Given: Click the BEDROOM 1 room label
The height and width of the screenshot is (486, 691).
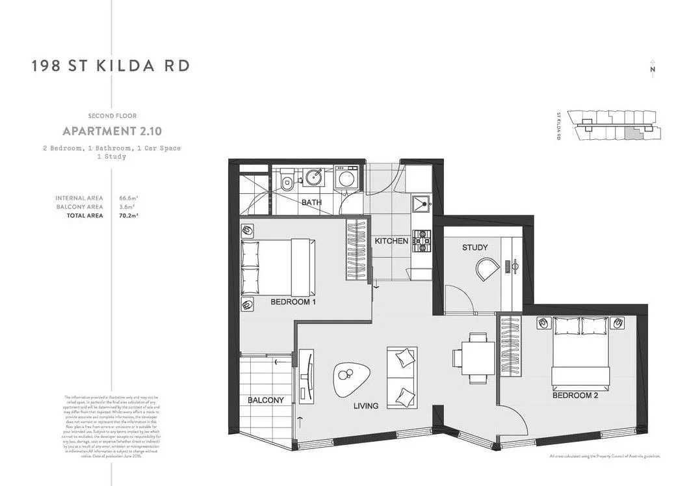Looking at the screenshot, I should (x=293, y=303).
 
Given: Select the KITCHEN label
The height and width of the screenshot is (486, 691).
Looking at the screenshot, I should (x=391, y=241).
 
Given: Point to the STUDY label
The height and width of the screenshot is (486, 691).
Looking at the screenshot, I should (x=475, y=248).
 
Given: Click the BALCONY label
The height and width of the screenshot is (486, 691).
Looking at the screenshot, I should (x=265, y=400).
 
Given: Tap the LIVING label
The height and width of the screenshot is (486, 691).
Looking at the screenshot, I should (x=366, y=406).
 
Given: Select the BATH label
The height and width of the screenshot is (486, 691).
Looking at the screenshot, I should (x=311, y=203).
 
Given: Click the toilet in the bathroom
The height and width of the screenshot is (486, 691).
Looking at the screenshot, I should (x=287, y=181).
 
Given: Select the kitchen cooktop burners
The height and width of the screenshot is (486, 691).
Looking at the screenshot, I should (x=423, y=239).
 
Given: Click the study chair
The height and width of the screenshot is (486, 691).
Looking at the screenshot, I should (x=486, y=268).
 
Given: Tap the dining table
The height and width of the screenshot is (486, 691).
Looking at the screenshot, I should (x=477, y=358).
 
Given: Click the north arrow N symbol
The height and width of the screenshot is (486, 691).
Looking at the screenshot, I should (x=652, y=70).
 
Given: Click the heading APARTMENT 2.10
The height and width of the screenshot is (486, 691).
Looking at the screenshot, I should (x=108, y=131).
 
